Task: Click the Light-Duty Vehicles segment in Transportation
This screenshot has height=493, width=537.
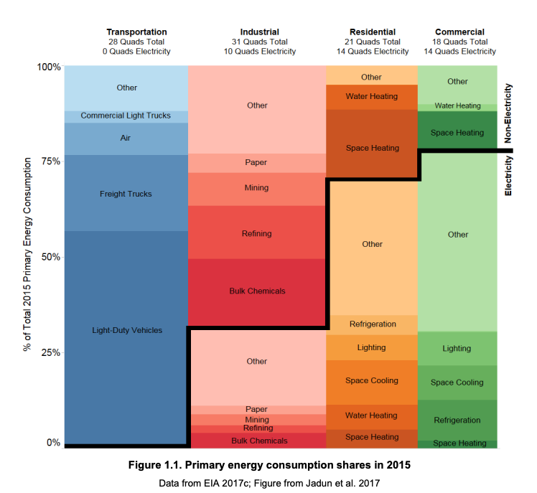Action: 127,330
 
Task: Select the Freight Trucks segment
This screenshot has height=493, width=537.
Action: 126,194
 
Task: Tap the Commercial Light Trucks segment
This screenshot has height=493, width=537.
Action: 126,116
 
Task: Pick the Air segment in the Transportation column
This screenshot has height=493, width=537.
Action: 126,138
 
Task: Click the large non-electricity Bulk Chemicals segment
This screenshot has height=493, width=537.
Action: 257,291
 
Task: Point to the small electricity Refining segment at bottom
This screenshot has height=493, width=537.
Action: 257,428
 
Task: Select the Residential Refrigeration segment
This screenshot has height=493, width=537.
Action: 372,324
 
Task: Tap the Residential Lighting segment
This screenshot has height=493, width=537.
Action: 372,347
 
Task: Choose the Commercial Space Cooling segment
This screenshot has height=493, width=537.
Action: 457,382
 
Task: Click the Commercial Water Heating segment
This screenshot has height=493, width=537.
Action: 457,106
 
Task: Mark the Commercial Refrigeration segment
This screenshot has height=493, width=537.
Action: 457,420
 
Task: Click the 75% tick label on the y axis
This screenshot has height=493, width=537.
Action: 49,161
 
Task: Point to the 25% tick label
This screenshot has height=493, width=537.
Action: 49,352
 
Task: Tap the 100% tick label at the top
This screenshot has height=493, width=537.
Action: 47,67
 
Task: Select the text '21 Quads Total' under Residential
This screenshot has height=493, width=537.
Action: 372,42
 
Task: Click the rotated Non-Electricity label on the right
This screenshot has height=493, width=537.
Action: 508,113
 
